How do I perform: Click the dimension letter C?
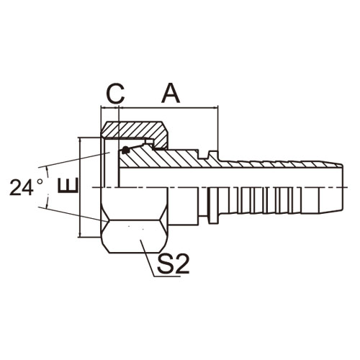pyautogui.click(x=115, y=94)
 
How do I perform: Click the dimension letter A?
pyautogui.click(x=171, y=93)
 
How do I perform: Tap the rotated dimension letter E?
pyautogui.click(x=68, y=185)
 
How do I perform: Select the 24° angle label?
pyautogui.click(x=27, y=187)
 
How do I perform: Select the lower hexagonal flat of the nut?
pyautogui.click(x=134, y=236)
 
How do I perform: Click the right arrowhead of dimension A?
pyautogui.click(x=216, y=109)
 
